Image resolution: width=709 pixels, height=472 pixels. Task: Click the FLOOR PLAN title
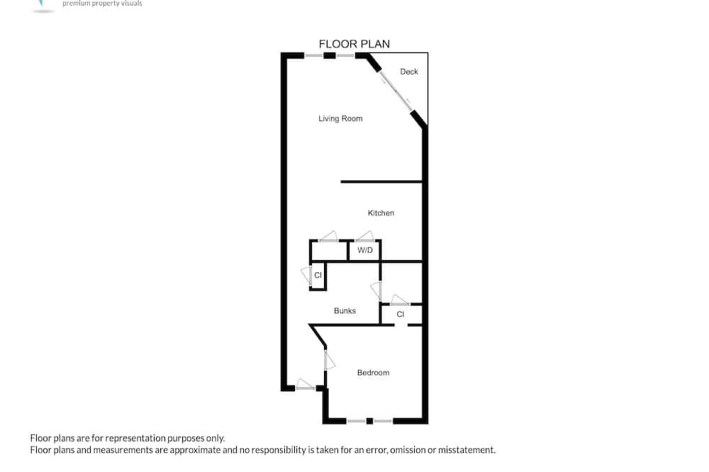coord(354,44)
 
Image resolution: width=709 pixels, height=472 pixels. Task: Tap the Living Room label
coord(340,118)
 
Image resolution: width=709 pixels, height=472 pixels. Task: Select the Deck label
coord(409,72)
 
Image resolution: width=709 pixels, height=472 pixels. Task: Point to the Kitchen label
coord(381,213)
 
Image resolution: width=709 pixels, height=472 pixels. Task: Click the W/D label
coord(365,250)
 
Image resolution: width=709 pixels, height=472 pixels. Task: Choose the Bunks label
coord(345,310)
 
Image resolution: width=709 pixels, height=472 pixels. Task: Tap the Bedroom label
coord(373,373)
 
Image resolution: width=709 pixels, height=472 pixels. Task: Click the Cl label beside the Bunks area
coord(400,314)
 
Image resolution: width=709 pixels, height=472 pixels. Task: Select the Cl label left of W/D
coord(318,275)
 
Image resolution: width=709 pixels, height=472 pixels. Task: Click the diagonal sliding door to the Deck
coord(396,91)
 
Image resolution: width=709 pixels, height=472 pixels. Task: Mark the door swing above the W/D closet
coord(364,236)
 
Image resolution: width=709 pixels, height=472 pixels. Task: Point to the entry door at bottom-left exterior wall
coord(305,384)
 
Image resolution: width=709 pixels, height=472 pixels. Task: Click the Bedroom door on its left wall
coord(329,360)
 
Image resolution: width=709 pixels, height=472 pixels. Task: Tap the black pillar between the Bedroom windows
coord(369,422)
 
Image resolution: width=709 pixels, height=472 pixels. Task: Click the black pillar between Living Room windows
coord(330,55)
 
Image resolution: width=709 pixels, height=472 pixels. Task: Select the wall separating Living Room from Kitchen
coord(381,181)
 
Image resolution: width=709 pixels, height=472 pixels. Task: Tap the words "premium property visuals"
coord(102,3)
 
